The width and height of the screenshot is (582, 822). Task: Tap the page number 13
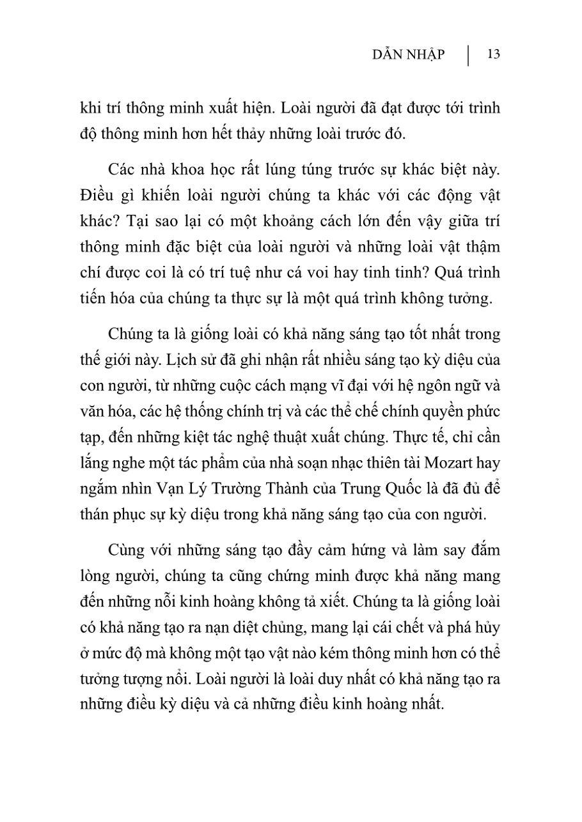(x=493, y=54)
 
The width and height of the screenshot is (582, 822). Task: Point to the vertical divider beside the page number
(x=468, y=55)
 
